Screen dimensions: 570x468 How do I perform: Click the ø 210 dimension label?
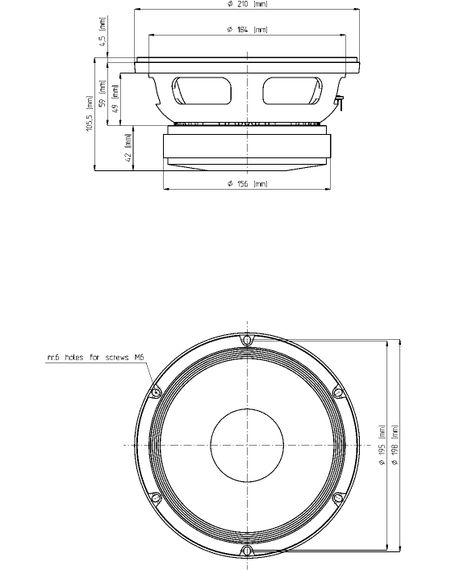tap(247, 5)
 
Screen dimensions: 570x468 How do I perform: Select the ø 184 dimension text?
tap(247, 30)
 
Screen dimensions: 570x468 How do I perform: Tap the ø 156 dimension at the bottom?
tap(247, 184)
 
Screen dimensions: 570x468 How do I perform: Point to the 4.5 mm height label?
tap(103, 44)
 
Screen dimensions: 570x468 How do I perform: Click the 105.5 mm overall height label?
tap(90, 114)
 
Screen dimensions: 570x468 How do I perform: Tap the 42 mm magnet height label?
tap(128, 150)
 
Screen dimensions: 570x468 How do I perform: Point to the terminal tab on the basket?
tap(341, 101)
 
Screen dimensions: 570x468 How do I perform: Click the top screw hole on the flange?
tap(246, 340)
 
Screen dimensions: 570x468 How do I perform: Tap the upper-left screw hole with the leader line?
tap(155, 392)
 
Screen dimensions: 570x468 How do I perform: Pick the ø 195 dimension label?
tap(383, 441)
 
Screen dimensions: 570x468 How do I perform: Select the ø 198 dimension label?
tap(397, 441)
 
